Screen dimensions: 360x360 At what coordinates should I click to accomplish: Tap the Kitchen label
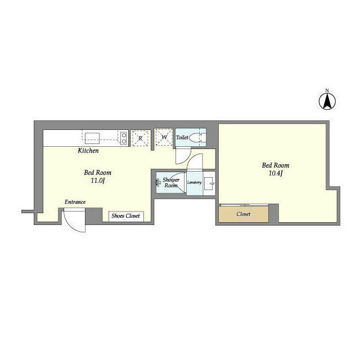(x=88, y=151)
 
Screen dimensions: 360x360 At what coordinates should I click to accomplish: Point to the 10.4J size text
(x=275, y=173)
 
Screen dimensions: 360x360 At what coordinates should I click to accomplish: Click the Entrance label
(x=75, y=202)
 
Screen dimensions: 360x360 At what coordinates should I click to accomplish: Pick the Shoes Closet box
(x=126, y=216)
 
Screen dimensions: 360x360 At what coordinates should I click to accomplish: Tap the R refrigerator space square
(x=139, y=137)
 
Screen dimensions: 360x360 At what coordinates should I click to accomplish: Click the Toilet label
(x=182, y=137)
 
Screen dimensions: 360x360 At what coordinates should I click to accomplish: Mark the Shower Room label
(x=171, y=182)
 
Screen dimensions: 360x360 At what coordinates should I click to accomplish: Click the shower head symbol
(x=159, y=182)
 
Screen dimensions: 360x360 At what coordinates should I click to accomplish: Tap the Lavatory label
(x=194, y=182)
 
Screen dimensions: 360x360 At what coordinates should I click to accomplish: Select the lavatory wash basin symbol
(x=209, y=182)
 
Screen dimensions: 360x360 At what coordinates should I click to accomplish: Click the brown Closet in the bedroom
(x=244, y=214)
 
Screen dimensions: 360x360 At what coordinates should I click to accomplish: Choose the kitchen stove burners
(x=123, y=137)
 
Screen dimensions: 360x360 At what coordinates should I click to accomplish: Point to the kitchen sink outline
(x=91, y=137)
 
